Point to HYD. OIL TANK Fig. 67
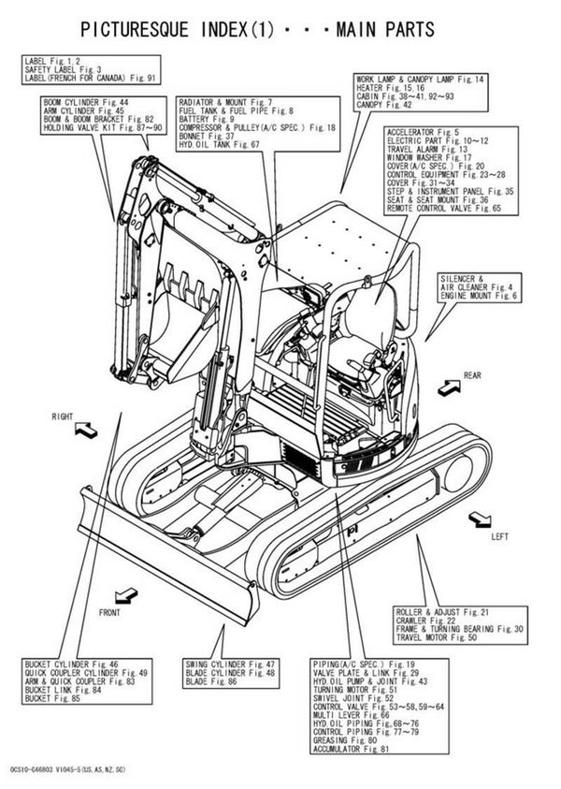pos(219,145)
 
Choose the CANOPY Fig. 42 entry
pos(384,105)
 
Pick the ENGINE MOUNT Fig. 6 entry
pos(478,296)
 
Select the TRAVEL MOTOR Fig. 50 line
pos(436,637)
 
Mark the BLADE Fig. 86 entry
pos(210,681)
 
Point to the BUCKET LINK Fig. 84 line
pos(64,690)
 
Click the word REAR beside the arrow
pos(471,374)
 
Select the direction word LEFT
pos(500,538)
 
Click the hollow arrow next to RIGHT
pos(83,430)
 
